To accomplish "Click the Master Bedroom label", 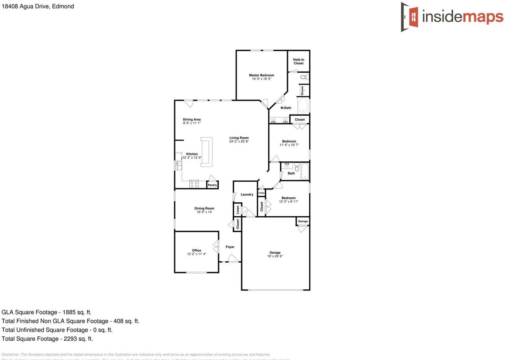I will click(261, 75).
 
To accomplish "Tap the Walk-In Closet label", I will click(298, 62).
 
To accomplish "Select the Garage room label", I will click(275, 253).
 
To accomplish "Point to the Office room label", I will click(196, 250).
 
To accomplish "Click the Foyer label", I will click(230, 247).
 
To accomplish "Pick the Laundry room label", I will click(247, 195).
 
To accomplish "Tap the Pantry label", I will click(212, 185).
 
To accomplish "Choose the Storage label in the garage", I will click(303, 221).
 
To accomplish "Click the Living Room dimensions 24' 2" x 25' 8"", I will click(239, 141).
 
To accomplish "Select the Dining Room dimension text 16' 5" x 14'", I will click(204, 212).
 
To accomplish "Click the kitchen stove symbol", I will click(194, 184).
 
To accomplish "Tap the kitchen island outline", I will click(206, 152).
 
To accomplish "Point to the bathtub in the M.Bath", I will click(303, 106).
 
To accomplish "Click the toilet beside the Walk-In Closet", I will click(304, 77).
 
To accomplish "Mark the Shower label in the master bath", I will click(303, 90).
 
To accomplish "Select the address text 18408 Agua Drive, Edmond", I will click(38, 6).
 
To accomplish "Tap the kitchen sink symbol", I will click(178, 165).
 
